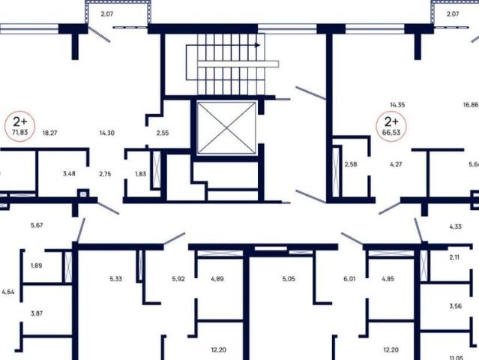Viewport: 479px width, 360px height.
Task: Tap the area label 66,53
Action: coord(391,132)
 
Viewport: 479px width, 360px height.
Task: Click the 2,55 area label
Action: coord(163,133)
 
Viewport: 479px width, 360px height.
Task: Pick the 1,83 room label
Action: coord(141,173)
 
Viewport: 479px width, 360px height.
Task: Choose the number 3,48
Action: coord(69,173)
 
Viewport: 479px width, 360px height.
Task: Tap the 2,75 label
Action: coord(105,173)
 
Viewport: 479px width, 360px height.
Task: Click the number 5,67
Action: coord(37,225)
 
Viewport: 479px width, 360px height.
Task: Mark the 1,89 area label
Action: coord(36,265)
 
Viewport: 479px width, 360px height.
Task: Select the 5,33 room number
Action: coord(115,279)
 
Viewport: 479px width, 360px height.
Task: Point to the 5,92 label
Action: coord(178,279)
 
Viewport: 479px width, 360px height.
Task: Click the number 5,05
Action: coord(289,279)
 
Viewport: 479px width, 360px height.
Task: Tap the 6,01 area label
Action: coord(349,279)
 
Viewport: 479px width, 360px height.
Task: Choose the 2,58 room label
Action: coord(351,164)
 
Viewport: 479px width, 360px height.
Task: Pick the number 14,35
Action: coord(397,106)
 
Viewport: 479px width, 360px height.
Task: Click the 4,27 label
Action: coord(397,164)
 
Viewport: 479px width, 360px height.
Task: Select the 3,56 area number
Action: coord(455,306)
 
